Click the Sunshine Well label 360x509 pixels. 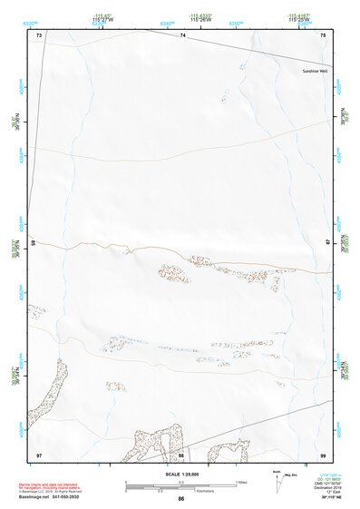click(x=313, y=70)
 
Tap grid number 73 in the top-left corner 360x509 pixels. click(x=39, y=34)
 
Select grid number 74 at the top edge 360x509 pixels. click(x=182, y=34)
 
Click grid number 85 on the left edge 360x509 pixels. click(x=35, y=242)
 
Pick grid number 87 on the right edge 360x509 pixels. click(x=327, y=242)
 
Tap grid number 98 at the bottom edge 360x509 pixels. click(x=181, y=455)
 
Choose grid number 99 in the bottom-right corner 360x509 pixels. click(x=323, y=455)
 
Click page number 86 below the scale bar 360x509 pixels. click(x=181, y=500)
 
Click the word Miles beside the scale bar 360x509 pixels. click(x=241, y=482)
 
